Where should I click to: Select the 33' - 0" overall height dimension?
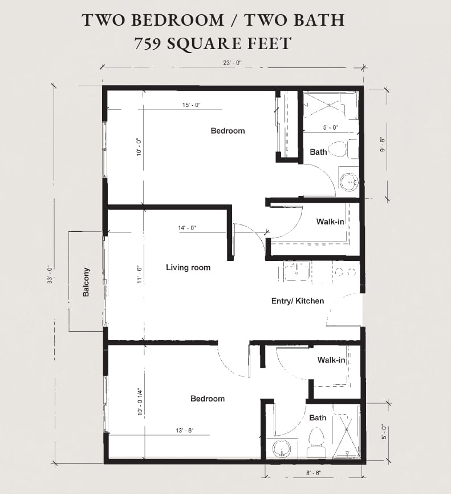(x=50, y=275)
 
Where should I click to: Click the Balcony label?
(x=86, y=282)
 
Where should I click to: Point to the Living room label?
(x=188, y=267)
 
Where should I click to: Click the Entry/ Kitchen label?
(x=297, y=301)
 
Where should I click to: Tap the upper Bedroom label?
(x=227, y=131)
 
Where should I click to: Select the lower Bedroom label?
(x=207, y=399)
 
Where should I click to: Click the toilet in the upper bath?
(x=338, y=149)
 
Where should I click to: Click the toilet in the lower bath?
(x=315, y=441)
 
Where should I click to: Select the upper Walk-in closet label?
(x=330, y=222)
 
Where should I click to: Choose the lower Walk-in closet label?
(x=331, y=360)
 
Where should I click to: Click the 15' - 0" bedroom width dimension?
(x=191, y=105)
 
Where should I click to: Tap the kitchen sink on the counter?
(x=296, y=271)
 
